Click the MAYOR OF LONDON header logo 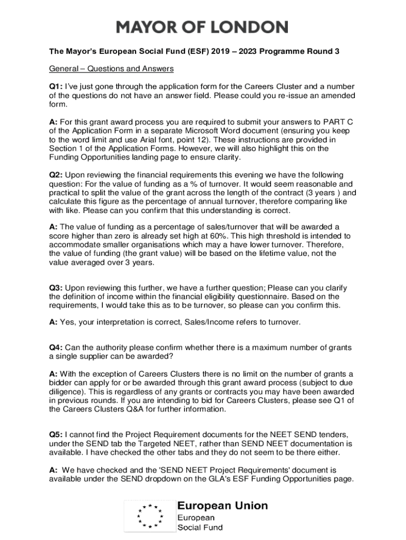point(202,27)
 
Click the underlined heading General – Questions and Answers point(111,69)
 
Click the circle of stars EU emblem point(149,516)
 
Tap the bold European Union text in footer point(222,506)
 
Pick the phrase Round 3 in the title point(322,51)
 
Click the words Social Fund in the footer point(199,527)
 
